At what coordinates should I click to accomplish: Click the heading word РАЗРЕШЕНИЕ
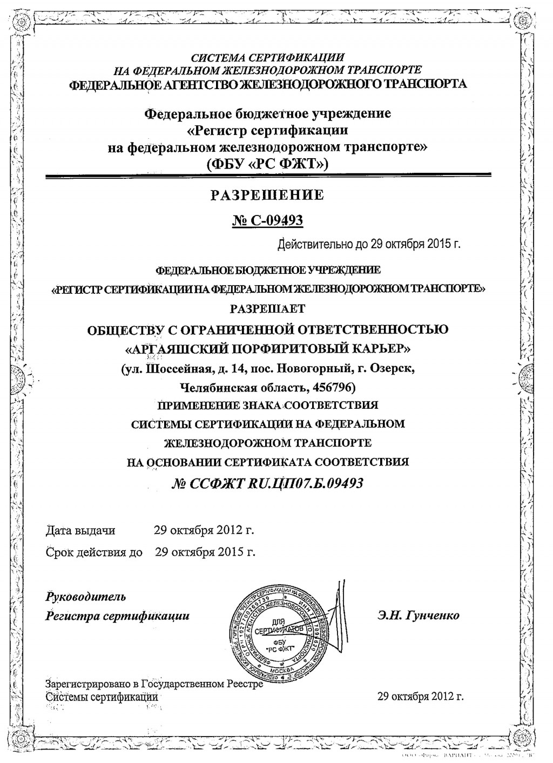[x=267, y=195]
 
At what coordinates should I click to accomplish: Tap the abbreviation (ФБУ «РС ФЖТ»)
[x=267, y=163]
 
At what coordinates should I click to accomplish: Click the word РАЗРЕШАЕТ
[x=267, y=309]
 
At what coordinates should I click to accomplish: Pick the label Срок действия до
[x=95, y=552]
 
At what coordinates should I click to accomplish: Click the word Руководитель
[x=86, y=597]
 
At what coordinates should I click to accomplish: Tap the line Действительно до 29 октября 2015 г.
[x=369, y=244]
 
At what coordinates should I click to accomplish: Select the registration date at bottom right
[x=421, y=696]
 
